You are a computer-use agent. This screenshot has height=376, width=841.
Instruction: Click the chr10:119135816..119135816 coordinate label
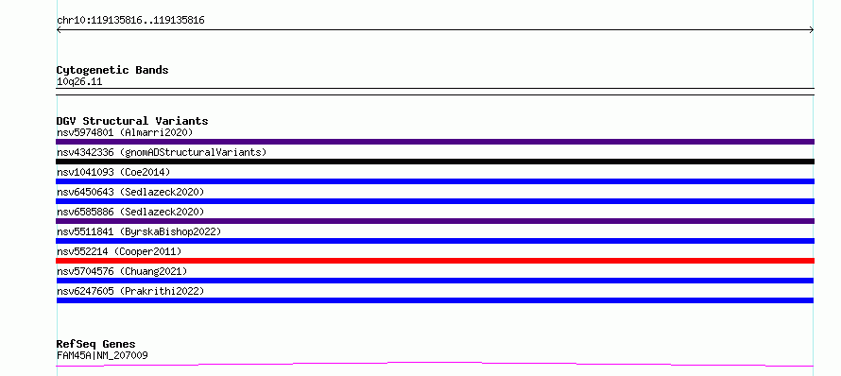(x=130, y=21)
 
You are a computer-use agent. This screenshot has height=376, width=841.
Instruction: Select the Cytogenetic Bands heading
(x=112, y=70)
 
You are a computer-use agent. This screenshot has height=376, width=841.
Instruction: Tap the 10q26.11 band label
(x=79, y=82)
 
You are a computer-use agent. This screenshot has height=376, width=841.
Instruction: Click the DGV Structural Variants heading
(x=132, y=121)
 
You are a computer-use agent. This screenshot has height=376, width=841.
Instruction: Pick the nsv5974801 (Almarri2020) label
(x=125, y=132)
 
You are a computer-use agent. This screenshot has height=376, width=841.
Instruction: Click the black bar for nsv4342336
(x=435, y=162)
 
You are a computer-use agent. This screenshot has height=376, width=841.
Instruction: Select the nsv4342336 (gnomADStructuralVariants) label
(x=162, y=152)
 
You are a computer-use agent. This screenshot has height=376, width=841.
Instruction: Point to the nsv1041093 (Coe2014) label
(x=113, y=172)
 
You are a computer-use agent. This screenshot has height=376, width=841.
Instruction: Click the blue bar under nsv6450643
(x=435, y=201)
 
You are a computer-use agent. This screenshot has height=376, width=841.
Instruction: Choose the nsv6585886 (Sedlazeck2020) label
(x=130, y=212)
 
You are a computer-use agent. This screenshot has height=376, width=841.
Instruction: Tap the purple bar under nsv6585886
(x=435, y=221)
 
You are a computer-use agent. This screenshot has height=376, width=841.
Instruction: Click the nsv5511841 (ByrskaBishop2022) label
(x=139, y=231)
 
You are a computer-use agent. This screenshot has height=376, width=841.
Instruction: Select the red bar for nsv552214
(x=435, y=261)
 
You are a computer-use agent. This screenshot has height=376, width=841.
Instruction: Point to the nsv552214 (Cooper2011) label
(x=119, y=251)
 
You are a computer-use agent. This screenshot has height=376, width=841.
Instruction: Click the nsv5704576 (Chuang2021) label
(x=122, y=271)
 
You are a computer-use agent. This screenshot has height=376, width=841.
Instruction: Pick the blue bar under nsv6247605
(x=435, y=300)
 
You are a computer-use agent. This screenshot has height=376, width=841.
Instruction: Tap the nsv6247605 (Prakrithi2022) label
(x=130, y=291)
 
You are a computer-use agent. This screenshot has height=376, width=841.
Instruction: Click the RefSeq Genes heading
(x=96, y=344)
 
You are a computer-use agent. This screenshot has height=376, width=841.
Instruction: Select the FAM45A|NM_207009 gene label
(x=102, y=355)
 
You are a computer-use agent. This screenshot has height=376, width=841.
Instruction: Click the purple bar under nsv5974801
(x=435, y=142)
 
